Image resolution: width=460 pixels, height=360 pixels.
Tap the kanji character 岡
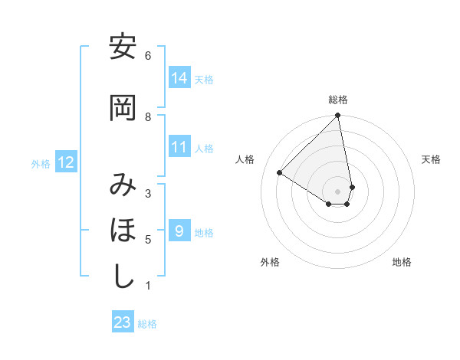122,109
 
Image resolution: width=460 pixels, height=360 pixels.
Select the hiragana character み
122,186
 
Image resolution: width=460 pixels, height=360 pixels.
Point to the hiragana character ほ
122,231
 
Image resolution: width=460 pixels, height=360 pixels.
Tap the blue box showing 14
179,78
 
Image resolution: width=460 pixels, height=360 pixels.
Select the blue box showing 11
179,147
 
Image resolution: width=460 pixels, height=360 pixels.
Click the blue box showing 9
179,231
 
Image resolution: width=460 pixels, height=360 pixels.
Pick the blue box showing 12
65,162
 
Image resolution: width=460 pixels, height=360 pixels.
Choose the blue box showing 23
123,322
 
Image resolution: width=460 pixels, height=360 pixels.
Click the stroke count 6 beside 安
148,55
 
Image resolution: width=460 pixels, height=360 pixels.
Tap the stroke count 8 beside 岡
148,116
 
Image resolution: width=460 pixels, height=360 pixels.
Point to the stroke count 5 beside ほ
148,239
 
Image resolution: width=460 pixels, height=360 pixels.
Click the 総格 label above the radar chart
338,100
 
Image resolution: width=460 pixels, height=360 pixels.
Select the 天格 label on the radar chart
431,159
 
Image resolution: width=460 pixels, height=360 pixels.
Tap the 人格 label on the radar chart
245,159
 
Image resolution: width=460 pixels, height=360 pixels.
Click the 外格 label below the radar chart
270,263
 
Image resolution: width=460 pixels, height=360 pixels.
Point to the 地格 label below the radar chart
402,263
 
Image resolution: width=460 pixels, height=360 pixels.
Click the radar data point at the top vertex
338,116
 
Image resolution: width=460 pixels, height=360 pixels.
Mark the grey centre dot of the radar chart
338,191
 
